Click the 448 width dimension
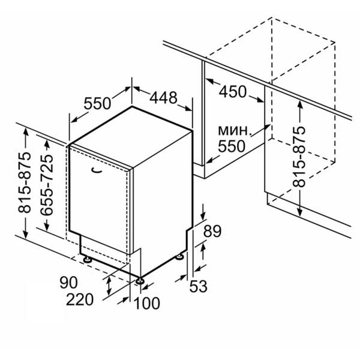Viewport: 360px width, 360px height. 163,98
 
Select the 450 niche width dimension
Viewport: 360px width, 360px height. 233,92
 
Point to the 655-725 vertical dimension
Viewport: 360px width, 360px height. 47,185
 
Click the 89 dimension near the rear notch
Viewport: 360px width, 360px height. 212,231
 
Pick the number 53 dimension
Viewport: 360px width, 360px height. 199,286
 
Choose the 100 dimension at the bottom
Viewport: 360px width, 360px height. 147,303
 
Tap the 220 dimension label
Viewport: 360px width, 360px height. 80,299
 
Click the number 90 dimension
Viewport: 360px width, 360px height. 68,283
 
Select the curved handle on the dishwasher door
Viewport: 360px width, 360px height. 96,170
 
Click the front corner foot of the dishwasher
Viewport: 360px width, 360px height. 140,281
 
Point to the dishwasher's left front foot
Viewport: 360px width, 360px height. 87,260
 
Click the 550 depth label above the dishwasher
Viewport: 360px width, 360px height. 97,103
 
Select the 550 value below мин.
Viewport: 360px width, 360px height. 232,146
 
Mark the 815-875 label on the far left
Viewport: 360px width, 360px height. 25,182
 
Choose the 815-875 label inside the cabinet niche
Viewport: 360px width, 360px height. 299,157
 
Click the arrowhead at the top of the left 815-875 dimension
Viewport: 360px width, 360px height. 25,132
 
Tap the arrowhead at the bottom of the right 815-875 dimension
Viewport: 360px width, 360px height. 299,212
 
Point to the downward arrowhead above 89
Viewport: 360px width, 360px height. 203,216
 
